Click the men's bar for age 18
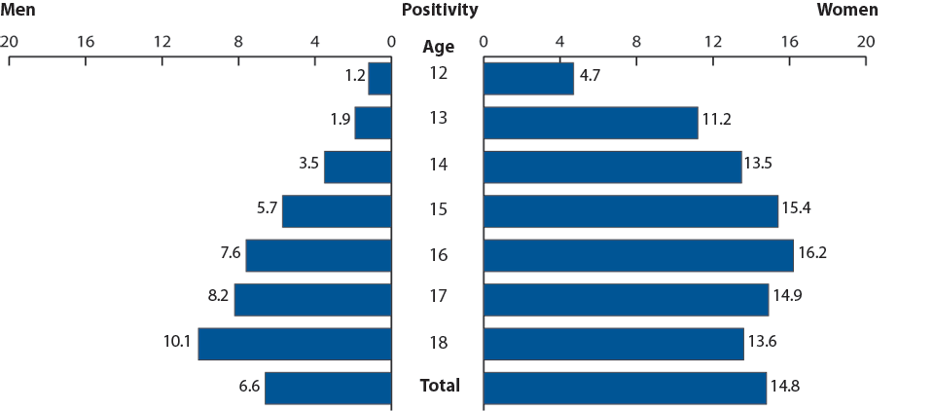pos(295,344)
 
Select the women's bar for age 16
pos(638,255)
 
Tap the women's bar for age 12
pos(528,79)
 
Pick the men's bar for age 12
pos(379,79)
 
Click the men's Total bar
pos(328,388)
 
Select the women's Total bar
pos(625,388)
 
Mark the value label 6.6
pos(249,387)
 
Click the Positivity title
pos(439,11)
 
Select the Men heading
pos(18,11)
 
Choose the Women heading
pos(846,11)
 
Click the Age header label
pos(438,46)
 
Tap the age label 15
pos(438,210)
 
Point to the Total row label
pos(439,386)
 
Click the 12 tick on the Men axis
pos(162,42)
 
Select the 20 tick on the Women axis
pos(865,42)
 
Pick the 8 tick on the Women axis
pos(636,42)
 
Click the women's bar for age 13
pos(591,123)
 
